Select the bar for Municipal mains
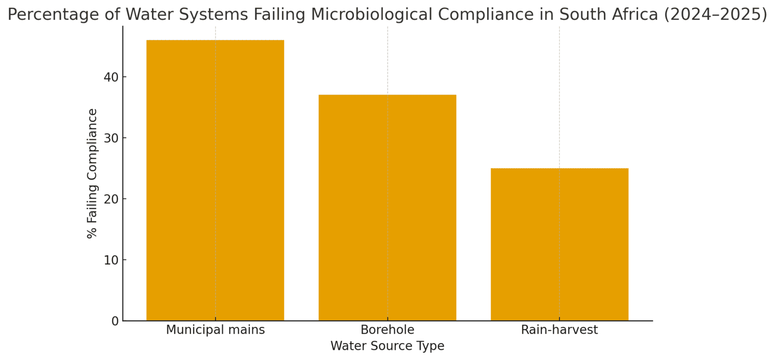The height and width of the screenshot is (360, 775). (215, 180)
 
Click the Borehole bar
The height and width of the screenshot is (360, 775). (387, 207)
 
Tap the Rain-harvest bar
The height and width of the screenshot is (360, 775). (559, 244)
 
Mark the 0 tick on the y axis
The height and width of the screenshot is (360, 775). (115, 321)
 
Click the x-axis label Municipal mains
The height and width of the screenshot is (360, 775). (215, 330)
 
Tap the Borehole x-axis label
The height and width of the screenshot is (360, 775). (387, 330)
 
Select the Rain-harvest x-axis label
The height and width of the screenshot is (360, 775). (559, 330)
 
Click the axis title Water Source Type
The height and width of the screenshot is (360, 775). (387, 346)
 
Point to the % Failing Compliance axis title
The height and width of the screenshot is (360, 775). (92, 173)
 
